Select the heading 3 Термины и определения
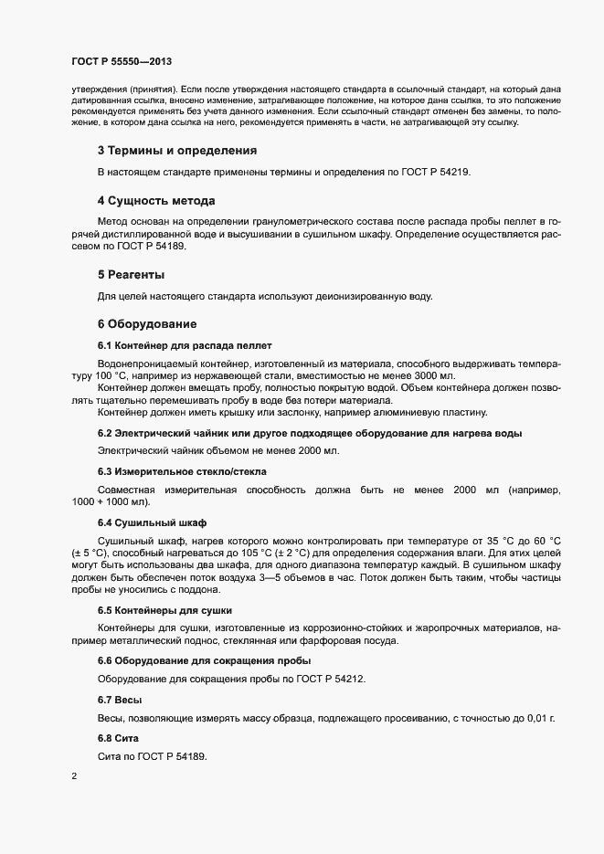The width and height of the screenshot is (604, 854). point(176,150)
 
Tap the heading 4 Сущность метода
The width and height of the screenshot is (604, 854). point(155,200)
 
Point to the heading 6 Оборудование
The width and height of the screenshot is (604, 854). point(146,323)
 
